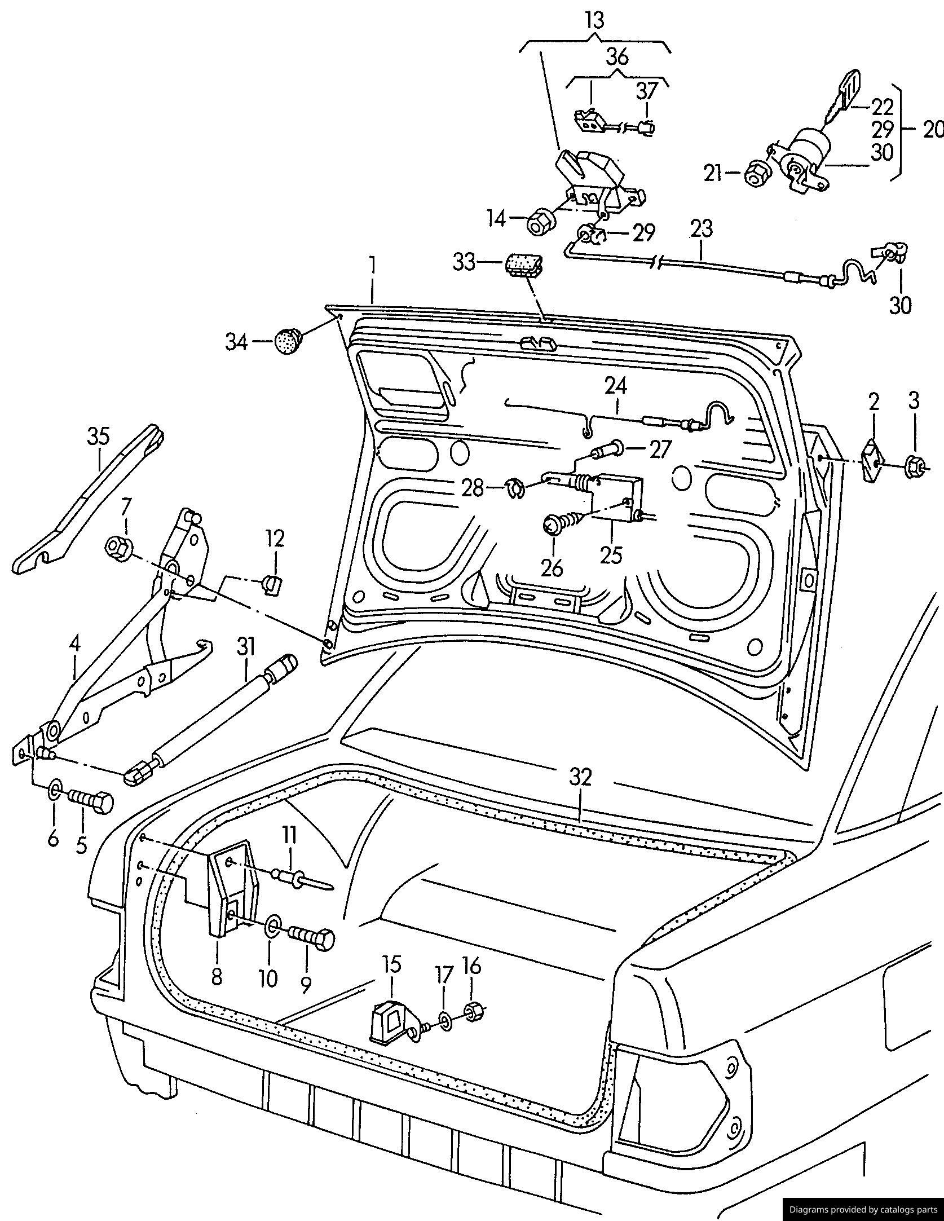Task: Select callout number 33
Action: [465, 262]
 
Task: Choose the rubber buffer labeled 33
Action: [524, 265]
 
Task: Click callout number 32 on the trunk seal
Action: [581, 778]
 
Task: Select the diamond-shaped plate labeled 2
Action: [873, 461]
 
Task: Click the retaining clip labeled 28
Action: [515, 488]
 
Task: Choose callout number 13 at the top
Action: [594, 21]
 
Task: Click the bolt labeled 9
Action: [311, 939]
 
